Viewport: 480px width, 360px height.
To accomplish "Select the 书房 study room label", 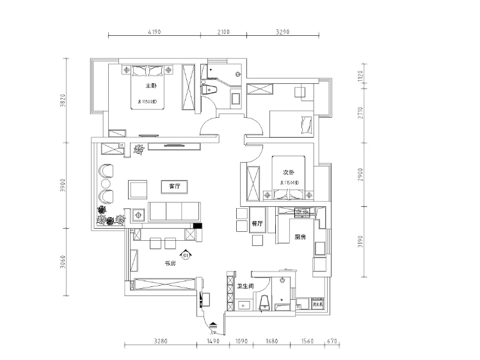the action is (x=170, y=263).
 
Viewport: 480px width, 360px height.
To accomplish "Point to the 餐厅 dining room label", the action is (x=258, y=224).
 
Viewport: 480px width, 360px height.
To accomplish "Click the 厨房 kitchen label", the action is (x=300, y=237).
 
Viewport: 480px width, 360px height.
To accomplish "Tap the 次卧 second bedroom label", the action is (x=288, y=172).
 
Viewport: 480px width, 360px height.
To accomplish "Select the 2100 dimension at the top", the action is (x=223, y=29).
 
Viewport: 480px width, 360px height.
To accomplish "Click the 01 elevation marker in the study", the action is (x=186, y=256).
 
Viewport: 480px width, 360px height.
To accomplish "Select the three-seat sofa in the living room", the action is (x=175, y=211).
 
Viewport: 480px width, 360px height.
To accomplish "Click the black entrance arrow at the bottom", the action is (x=213, y=323).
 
